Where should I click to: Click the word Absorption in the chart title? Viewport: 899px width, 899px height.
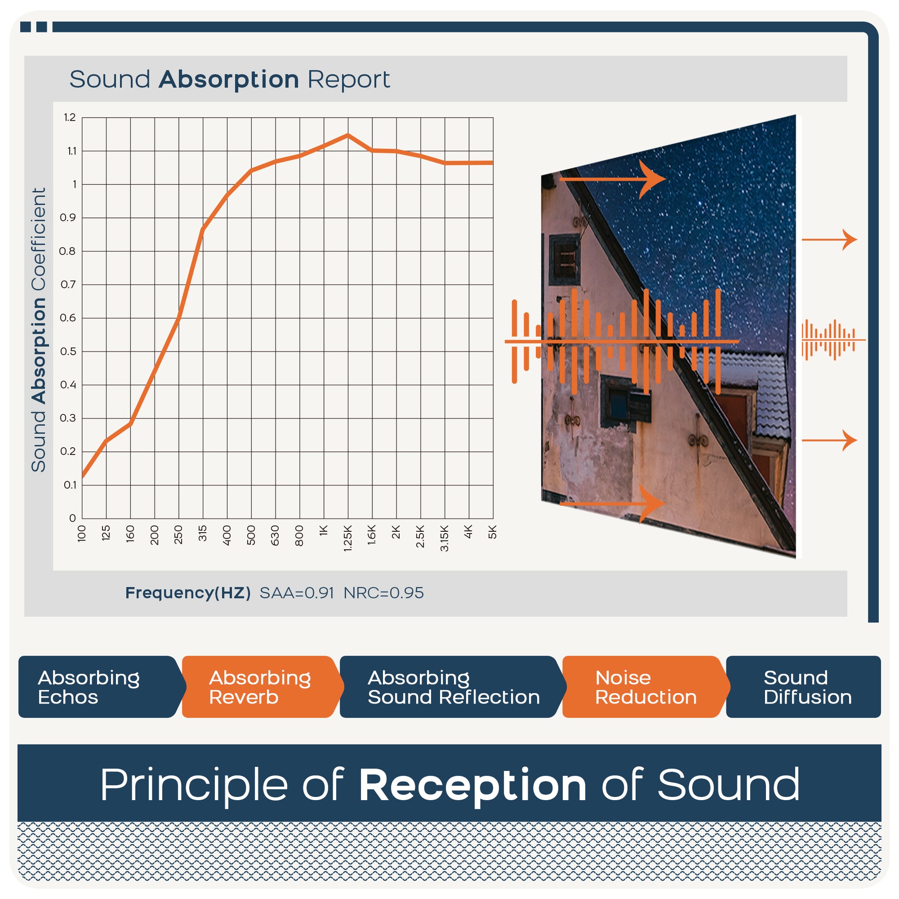point(229,80)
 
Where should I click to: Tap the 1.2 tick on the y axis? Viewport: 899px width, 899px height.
point(70,117)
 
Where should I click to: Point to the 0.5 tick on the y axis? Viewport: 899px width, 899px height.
point(68,351)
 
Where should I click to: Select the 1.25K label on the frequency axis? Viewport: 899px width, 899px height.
point(347,538)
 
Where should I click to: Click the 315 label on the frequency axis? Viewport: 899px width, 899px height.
point(202,533)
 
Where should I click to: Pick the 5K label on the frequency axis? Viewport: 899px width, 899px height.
point(492,532)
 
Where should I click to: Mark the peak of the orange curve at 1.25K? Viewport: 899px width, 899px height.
point(347,135)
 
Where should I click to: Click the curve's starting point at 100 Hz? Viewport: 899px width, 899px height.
point(83,476)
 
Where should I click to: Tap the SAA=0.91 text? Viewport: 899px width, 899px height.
point(297,593)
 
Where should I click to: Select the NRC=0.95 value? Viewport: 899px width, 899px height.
point(383,593)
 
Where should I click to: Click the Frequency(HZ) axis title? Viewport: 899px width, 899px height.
point(188,593)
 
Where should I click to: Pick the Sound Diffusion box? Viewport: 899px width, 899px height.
point(803,687)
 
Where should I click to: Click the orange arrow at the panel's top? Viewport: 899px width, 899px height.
point(613,179)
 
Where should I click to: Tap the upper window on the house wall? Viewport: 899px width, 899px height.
point(565,260)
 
